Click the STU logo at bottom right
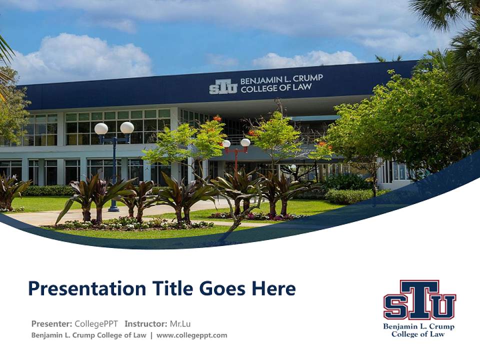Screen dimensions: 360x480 point(419,300)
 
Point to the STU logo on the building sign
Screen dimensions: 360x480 point(223,86)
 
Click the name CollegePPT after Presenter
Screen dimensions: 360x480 point(97,323)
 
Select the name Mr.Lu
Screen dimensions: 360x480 point(180,323)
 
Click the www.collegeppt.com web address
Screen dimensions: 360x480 point(191,335)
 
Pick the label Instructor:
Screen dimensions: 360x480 point(145,323)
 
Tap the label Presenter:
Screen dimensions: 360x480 point(51,323)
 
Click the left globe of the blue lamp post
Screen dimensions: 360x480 point(101,128)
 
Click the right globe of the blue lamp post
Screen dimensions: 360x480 point(127,127)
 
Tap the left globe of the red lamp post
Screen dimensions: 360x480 point(226,144)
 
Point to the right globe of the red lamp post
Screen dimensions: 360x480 point(245,142)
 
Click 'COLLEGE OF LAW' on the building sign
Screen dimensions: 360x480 point(276,88)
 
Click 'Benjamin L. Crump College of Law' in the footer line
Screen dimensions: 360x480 point(88,335)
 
